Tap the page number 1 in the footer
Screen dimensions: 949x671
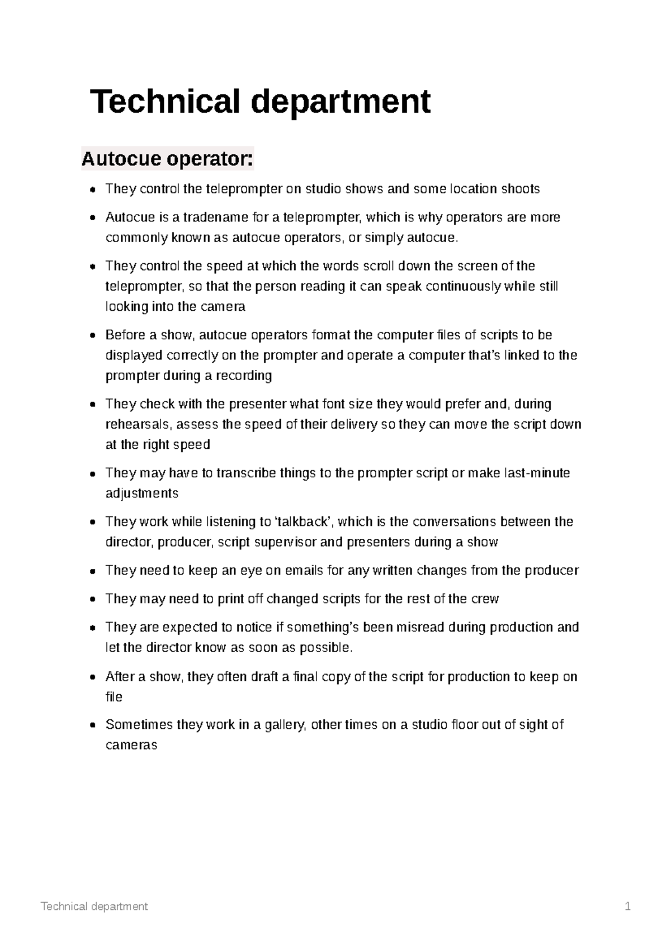click(x=628, y=907)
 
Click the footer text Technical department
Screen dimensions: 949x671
click(x=94, y=907)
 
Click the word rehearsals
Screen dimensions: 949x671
click(x=139, y=425)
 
